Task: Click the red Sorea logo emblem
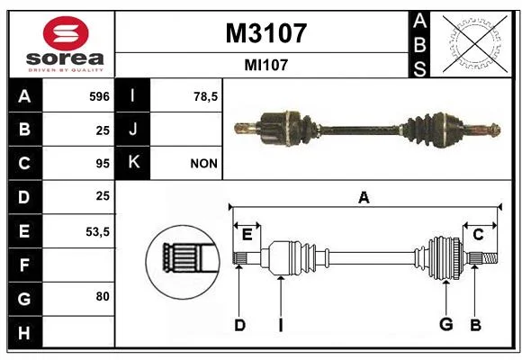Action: click(x=66, y=33)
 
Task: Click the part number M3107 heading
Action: click(x=265, y=33)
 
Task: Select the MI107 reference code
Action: click(x=265, y=65)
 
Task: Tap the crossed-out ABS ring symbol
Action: click(x=475, y=43)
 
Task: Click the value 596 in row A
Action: click(x=99, y=96)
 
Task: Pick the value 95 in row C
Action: click(x=103, y=164)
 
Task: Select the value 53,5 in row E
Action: click(x=97, y=231)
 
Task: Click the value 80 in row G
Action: click(x=103, y=296)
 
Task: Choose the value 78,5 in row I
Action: click(x=205, y=96)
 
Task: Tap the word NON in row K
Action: click(x=203, y=164)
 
